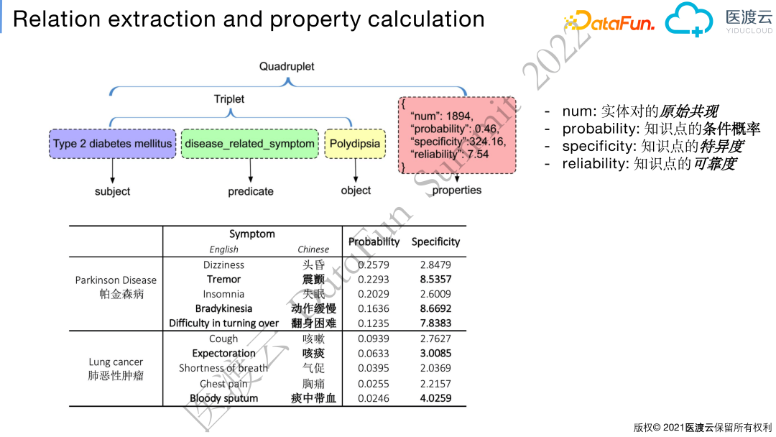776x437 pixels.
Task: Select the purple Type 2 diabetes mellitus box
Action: point(113,144)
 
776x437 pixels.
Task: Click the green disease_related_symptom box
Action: point(249,144)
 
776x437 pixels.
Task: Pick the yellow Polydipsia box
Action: point(355,144)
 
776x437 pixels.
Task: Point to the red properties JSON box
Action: point(457,135)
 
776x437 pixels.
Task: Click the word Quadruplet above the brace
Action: point(287,66)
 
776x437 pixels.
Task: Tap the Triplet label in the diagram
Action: point(229,99)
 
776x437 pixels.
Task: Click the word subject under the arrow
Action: point(113,191)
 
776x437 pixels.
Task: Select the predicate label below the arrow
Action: point(251,191)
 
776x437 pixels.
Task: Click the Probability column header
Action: point(374,241)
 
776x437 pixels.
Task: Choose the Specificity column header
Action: point(435,241)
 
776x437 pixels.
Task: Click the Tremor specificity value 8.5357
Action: point(435,279)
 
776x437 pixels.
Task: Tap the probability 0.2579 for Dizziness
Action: point(374,264)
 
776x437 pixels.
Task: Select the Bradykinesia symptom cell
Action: point(223,308)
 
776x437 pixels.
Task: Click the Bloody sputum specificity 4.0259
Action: point(435,397)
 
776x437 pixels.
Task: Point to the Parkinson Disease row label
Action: point(116,280)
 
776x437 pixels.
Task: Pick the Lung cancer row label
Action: point(116,362)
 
